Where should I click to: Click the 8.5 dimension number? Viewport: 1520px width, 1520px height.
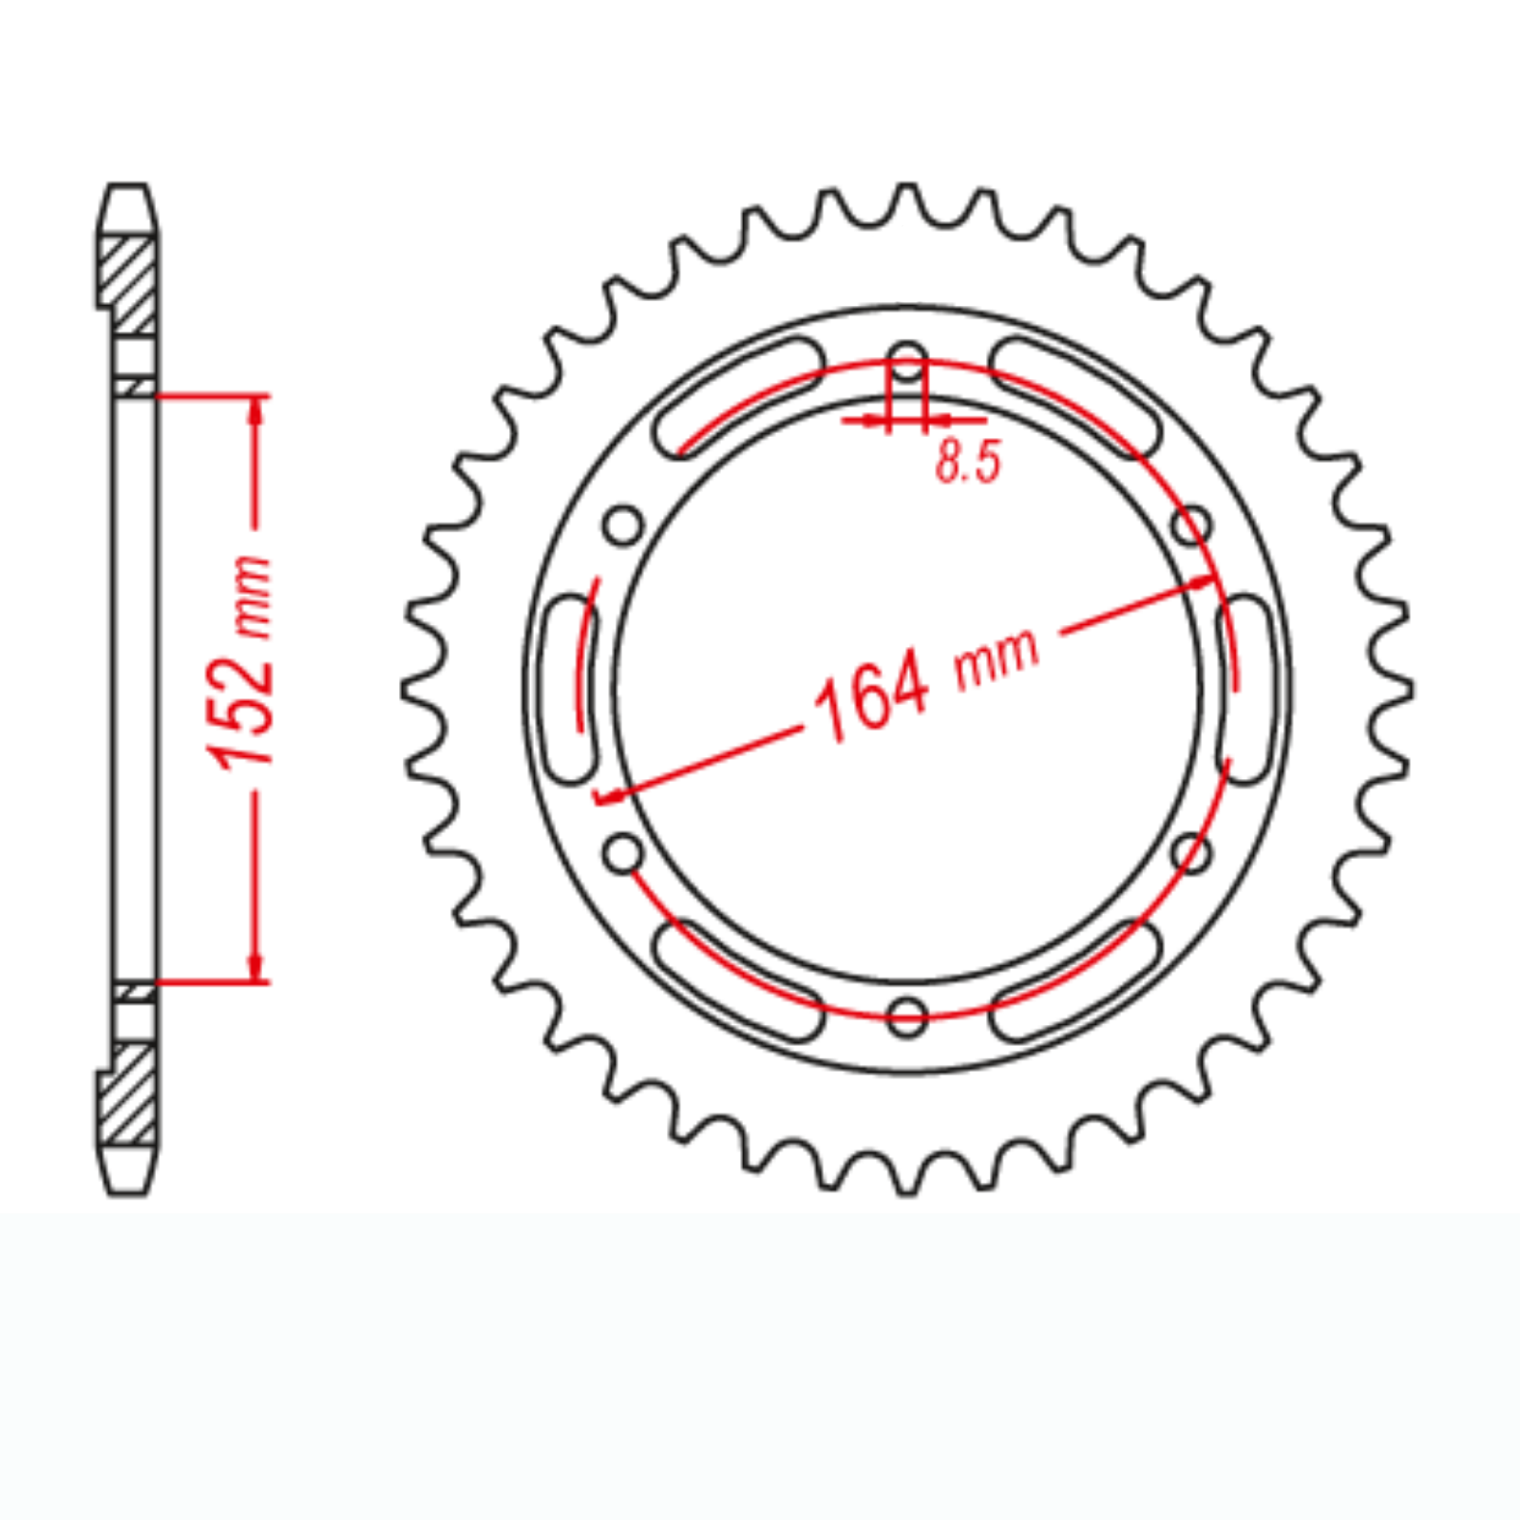coord(968,463)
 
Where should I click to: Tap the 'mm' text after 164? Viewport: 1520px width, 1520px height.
coord(997,656)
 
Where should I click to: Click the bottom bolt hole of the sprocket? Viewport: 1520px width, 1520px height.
coord(907,1016)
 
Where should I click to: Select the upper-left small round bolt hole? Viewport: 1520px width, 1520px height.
coord(624,525)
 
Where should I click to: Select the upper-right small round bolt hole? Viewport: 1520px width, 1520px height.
coord(1191,525)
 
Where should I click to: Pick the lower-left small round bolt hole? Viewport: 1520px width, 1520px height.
coord(624,853)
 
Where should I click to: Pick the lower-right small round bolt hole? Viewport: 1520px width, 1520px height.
coord(1191,853)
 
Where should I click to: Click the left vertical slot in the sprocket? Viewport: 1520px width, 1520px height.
coord(570,689)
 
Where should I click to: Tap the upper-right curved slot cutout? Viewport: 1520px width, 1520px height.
coord(1075,396)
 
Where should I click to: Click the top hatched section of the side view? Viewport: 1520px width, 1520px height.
coord(129,285)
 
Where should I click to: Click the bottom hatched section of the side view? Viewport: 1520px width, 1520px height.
coord(129,1092)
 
